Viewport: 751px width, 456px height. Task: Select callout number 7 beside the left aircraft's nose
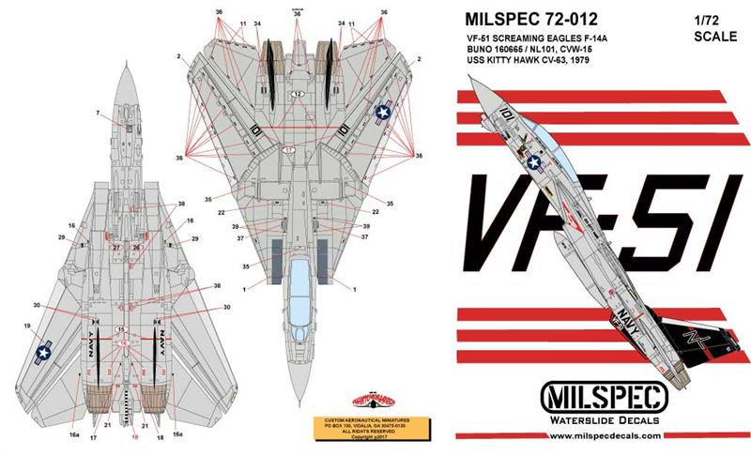coord(97,114)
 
